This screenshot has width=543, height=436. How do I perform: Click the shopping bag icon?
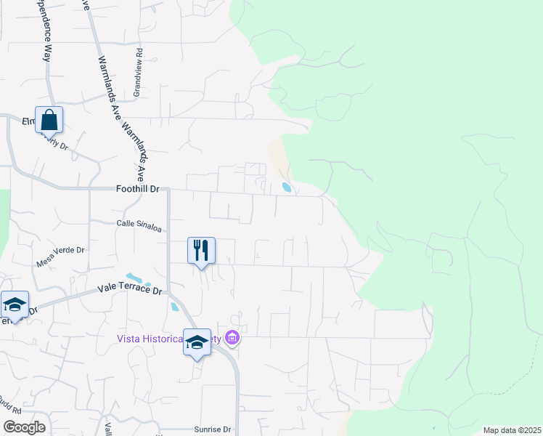tap(49, 120)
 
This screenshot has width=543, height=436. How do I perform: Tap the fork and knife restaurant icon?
tap(202, 250)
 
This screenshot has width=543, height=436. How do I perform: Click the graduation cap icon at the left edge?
tap(14, 304)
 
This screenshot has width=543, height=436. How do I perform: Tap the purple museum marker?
tap(232, 338)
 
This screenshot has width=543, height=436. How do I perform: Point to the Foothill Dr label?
tap(136, 188)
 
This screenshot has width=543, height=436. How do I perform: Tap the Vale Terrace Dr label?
tap(131, 289)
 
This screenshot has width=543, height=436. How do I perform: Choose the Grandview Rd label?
tap(136, 73)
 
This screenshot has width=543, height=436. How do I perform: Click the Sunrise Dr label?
tap(212, 429)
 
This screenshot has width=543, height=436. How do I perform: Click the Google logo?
tap(24, 427)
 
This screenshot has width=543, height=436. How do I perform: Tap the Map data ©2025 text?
tap(512, 430)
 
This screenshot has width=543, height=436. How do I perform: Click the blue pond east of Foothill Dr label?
tap(287, 187)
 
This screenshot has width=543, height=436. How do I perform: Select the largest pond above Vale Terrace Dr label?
tap(134, 278)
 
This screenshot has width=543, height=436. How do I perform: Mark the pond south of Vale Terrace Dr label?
tap(174, 306)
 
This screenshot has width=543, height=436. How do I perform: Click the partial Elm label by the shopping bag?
tap(29, 121)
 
